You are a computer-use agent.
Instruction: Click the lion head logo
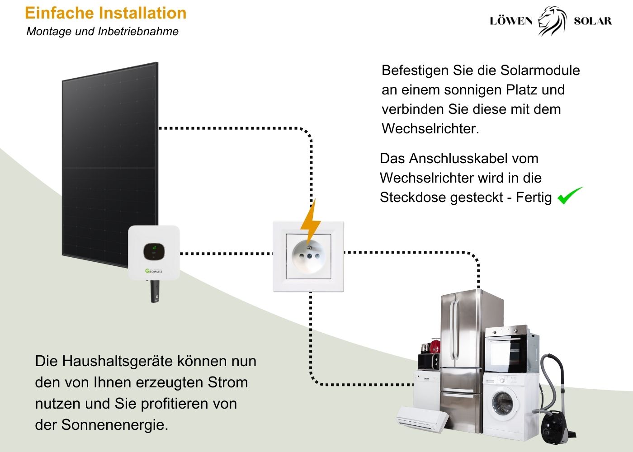[553, 21]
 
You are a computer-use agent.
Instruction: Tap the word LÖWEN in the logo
[511, 21]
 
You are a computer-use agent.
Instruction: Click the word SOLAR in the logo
[593, 21]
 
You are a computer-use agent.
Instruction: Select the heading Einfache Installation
[106, 13]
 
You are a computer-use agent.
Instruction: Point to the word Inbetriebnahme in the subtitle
[138, 31]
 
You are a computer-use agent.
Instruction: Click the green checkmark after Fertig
[570, 195]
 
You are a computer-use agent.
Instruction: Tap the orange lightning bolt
[310, 222]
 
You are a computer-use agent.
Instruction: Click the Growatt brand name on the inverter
[154, 271]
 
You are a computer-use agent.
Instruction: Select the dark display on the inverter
[154, 251]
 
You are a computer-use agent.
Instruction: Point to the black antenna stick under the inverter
[155, 291]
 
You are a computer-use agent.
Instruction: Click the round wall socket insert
[308, 257]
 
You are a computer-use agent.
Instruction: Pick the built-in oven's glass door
[506, 354]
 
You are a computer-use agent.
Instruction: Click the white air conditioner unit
[422, 419]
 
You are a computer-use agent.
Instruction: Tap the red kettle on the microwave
[435, 347]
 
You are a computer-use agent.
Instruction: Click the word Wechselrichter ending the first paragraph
[430, 129]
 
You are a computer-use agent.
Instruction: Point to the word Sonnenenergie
[114, 425]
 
